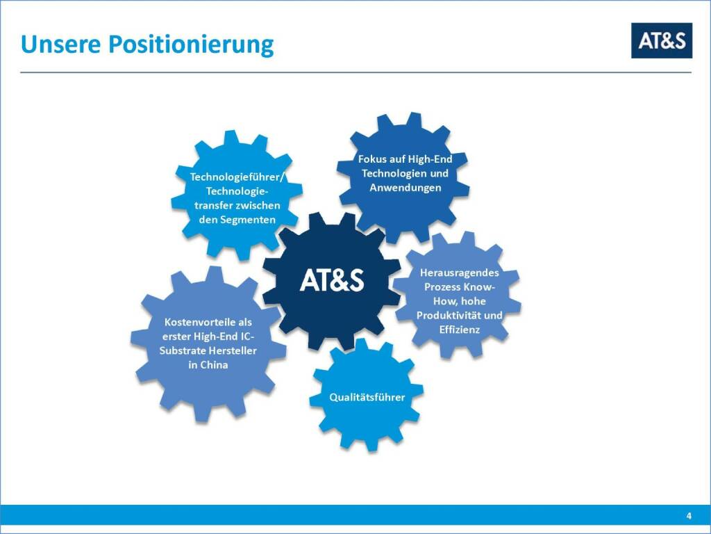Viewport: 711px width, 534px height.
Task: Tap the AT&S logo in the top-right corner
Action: tap(662, 40)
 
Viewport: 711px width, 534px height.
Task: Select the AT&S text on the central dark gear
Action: tap(332, 280)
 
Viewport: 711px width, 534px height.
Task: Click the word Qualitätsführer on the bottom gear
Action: tap(367, 397)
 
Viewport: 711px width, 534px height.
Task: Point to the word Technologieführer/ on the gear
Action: tap(237, 177)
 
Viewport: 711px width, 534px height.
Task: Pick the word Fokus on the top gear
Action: tap(372, 159)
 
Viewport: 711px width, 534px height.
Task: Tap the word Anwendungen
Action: tap(405, 188)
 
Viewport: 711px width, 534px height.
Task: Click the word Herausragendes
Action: tap(460, 273)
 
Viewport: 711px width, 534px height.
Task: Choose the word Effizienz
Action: tap(460, 330)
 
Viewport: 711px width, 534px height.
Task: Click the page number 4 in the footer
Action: tap(689, 516)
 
